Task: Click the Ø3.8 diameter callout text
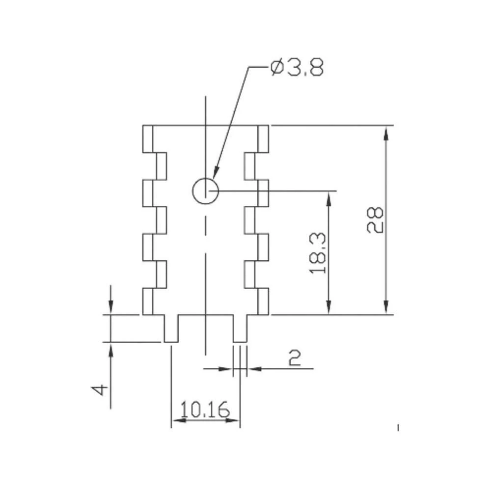(297, 67)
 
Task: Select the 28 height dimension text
(375, 219)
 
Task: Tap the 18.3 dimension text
(318, 253)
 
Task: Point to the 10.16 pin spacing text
(205, 409)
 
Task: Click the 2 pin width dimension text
(294, 358)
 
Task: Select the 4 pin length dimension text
(100, 390)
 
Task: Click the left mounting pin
(171, 328)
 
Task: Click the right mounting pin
(240, 328)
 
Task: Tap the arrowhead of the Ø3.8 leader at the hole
(216, 172)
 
